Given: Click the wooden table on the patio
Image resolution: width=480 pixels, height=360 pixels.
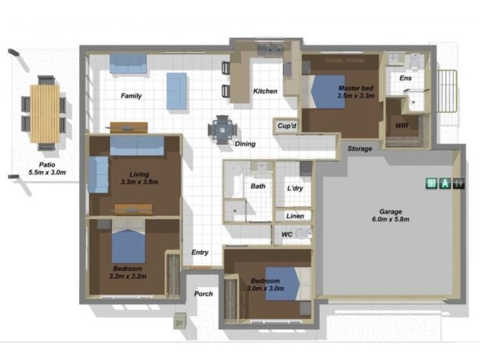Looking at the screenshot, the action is pyautogui.click(x=45, y=113).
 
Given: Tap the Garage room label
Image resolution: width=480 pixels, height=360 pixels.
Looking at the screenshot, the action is pyautogui.click(x=391, y=212).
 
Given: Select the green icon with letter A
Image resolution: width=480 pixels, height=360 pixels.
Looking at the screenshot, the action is pyautogui.click(x=445, y=183).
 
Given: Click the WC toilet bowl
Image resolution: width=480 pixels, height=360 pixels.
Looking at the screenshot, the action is pyautogui.click(x=302, y=234).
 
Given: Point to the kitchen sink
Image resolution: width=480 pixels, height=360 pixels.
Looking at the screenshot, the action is pyautogui.click(x=270, y=49).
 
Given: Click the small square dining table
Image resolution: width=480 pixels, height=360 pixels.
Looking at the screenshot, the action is pyautogui.click(x=222, y=130).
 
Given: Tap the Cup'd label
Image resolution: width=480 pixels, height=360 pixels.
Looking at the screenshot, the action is pyautogui.click(x=287, y=126).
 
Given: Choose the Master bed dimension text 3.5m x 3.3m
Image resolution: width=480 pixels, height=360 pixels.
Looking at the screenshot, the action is pyautogui.click(x=356, y=96).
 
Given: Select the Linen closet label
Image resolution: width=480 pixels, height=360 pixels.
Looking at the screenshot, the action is pyautogui.click(x=295, y=216).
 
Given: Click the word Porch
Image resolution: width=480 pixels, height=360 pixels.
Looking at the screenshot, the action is pyautogui.click(x=203, y=294).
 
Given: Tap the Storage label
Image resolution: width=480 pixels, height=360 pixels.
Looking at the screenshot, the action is pyautogui.click(x=359, y=149).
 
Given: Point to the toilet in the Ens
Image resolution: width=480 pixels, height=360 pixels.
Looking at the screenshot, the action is pyautogui.click(x=415, y=62).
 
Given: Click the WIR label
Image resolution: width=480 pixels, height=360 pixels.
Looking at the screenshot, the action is pyautogui.click(x=401, y=125).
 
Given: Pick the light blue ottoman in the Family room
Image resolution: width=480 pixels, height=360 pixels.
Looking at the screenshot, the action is pyautogui.click(x=176, y=91).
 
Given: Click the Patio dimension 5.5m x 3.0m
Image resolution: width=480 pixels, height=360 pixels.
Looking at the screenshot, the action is pyautogui.click(x=47, y=172).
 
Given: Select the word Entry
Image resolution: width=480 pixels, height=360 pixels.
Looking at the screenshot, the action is pyautogui.click(x=200, y=252).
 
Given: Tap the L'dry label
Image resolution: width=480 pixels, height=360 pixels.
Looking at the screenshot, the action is pyautogui.click(x=295, y=188).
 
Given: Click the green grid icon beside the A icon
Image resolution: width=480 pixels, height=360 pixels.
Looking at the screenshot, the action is pyautogui.click(x=431, y=183).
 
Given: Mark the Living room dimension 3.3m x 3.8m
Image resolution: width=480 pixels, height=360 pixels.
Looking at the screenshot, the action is pyautogui.click(x=139, y=182).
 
